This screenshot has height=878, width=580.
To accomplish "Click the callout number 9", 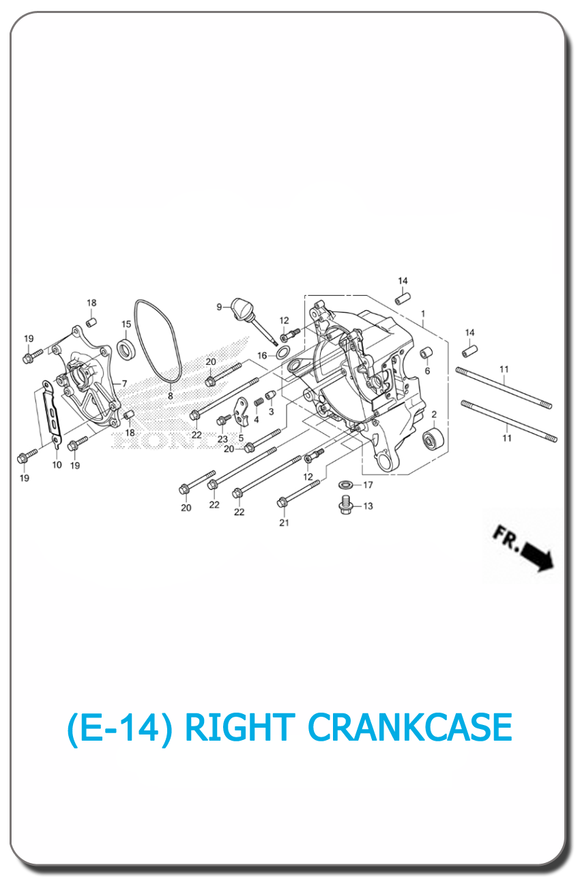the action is pos(219,307).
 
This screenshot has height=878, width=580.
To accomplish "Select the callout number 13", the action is pos(368,506).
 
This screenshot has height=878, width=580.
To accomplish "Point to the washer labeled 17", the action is pos(346,485).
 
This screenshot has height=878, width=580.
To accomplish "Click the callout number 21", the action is pos(284,523).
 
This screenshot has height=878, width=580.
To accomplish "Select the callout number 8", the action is pos(170,396).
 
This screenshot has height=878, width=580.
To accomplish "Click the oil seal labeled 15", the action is pos(126,349).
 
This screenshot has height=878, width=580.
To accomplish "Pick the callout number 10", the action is pos(57,465).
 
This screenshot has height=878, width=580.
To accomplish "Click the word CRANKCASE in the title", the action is pos(410,727).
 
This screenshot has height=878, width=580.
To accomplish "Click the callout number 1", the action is pos(423,314).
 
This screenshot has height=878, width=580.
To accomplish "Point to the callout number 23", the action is pos(222,439).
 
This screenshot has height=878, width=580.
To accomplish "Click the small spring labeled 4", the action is pos(259,402).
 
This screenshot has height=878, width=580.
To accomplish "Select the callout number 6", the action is pos(427,371).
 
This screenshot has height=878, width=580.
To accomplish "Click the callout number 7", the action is pos(124,383).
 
